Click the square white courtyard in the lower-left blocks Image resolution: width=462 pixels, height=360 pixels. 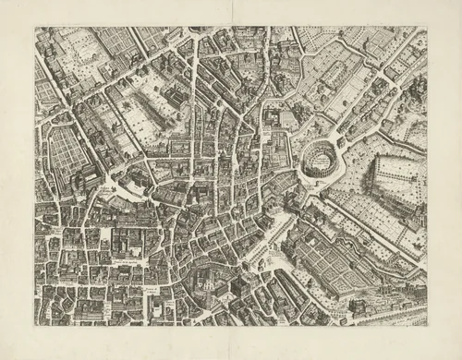121,245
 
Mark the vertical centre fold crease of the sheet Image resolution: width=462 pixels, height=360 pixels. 231,185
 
